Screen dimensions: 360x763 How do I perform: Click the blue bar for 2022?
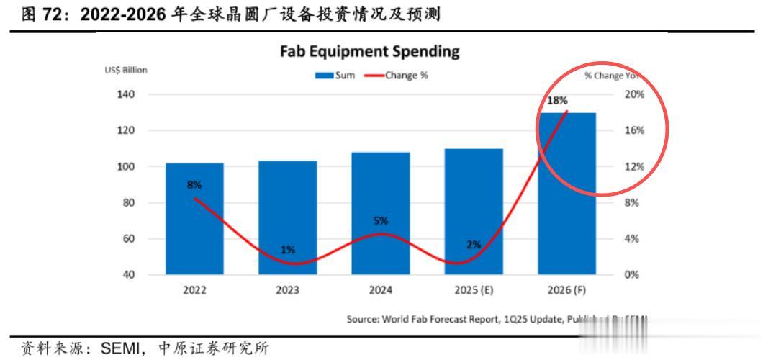pos(194,219)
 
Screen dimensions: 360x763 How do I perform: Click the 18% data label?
pos(557,101)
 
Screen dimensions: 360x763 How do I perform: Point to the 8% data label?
pos(194,184)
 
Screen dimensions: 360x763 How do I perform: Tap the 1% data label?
pos(287,250)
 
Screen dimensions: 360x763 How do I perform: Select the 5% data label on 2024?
pos(381,221)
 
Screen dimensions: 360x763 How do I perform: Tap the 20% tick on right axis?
pos(634,94)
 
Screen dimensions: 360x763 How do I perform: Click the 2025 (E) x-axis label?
pos(474,290)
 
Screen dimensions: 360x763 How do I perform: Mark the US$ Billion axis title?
pos(127,70)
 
